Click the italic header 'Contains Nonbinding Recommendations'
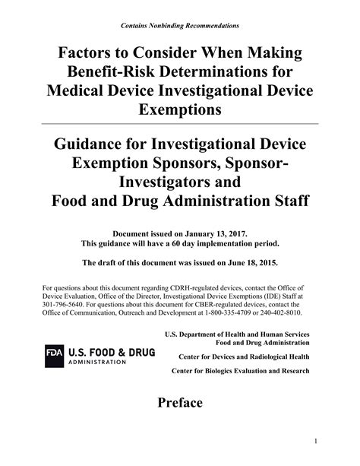coord(180,26)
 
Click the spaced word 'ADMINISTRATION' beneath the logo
coord(97,362)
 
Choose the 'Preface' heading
coord(179,402)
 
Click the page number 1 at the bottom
coord(314,441)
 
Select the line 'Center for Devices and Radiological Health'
coord(244,356)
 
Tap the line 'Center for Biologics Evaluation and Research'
coord(241,370)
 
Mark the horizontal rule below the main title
coord(180,123)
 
